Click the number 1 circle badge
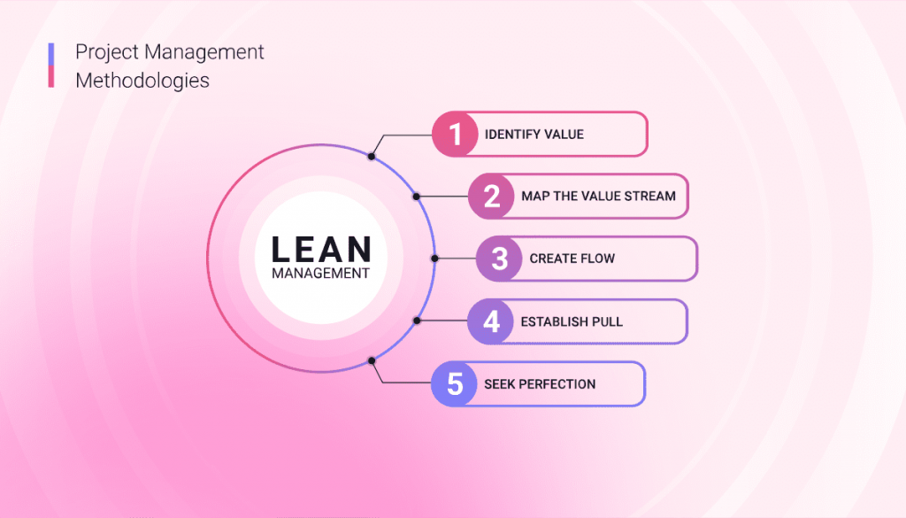click(x=455, y=135)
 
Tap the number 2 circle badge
click(x=491, y=197)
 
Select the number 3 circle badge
click(x=500, y=259)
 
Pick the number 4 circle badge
click(x=491, y=321)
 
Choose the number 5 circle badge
click(x=455, y=384)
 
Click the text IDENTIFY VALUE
click(x=534, y=135)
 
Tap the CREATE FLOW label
click(x=572, y=259)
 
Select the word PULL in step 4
click(x=605, y=321)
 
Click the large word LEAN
click(x=320, y=249)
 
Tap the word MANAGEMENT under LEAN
click(x=320, y=274)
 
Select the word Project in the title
click(x=104, y=51)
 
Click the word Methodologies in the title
click(x=142, y=80)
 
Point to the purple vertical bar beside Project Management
click(x=51, y=53)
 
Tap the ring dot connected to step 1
click(x=372, y=157)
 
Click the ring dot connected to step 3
click(x=434, y=259)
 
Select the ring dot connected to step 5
click(x=372, y=360)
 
